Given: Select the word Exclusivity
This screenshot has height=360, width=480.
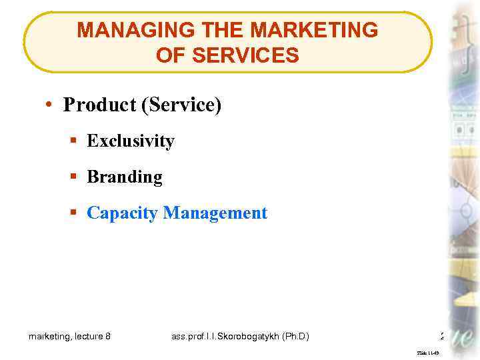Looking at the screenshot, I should point(131,141).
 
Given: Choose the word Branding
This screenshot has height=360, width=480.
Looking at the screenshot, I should point(125,177).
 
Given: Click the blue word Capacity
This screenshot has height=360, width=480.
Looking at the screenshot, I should point(123,213).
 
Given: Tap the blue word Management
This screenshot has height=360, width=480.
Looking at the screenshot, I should point(215,213).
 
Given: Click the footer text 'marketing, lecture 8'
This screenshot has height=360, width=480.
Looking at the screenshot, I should point(70,337).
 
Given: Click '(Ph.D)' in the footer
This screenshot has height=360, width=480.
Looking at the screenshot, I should point(295,337).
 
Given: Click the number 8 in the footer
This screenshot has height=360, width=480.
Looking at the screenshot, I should point(108,337).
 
